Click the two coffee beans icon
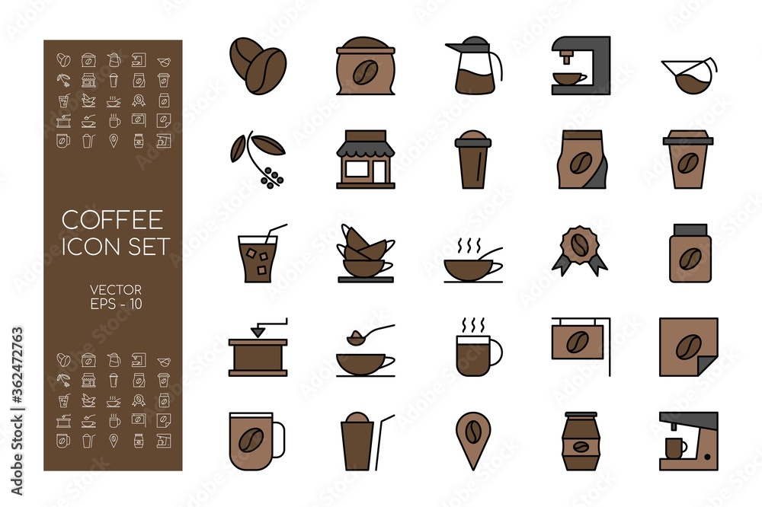click(257, 65)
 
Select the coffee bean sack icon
click(365, 67)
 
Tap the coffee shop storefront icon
click(366, 159)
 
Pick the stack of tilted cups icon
click(366, 254)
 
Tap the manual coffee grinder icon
click(258, 349)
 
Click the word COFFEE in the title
click(111, 220)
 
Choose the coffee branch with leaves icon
click(258, 158)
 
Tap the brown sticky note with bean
click(688, 347)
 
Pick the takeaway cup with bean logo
click(687, 160)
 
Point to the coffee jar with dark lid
click(689, 253)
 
